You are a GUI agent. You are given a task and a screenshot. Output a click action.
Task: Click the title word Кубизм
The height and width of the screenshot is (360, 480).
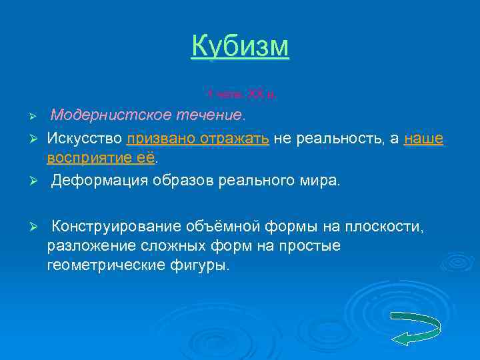tap(240, 46)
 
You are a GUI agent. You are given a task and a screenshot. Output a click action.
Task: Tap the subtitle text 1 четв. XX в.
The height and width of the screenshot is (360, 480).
tap(240, 95)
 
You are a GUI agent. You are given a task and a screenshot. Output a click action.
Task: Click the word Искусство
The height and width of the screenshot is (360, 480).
tap(84, 138)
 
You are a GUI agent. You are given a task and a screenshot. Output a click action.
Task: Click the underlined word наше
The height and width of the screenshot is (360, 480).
tap(423, 138)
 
